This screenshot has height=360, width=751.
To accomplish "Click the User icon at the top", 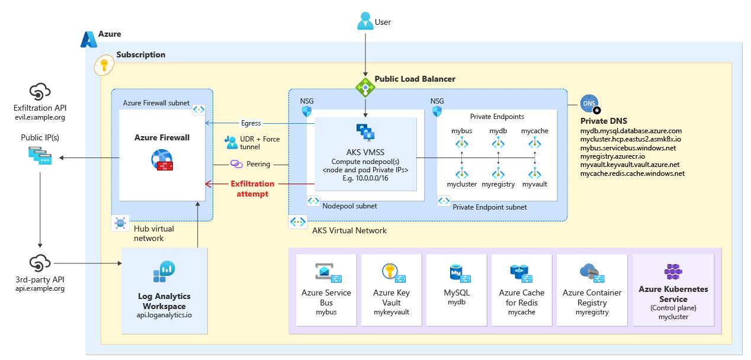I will tap(365, 22).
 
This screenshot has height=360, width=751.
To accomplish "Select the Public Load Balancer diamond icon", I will tap(365, 88).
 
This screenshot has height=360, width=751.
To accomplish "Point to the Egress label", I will tap(251, 123).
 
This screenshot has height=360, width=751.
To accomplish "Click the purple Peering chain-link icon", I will tap(236, 163).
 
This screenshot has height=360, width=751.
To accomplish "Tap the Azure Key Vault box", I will tap(391, 290).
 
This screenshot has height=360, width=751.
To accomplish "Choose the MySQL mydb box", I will tap(457, 290).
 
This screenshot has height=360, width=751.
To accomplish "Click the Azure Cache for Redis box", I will tap(522, 290).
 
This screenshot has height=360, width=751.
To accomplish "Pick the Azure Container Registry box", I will tap(592, 290).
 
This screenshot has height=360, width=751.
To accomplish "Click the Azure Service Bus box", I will tap(326, 290).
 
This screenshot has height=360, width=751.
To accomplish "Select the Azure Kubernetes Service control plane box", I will tap(672, 290).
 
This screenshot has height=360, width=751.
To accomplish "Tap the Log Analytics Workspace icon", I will tap(164, 272).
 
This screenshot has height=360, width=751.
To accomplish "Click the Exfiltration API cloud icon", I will tap(40, 92).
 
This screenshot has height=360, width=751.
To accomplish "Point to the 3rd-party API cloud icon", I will tap(40, 262).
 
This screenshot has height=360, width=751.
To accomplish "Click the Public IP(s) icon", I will tap(40, 156).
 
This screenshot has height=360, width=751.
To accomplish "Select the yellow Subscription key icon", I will tap(104, 66).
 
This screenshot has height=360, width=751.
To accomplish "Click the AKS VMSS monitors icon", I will tap(365, 133).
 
